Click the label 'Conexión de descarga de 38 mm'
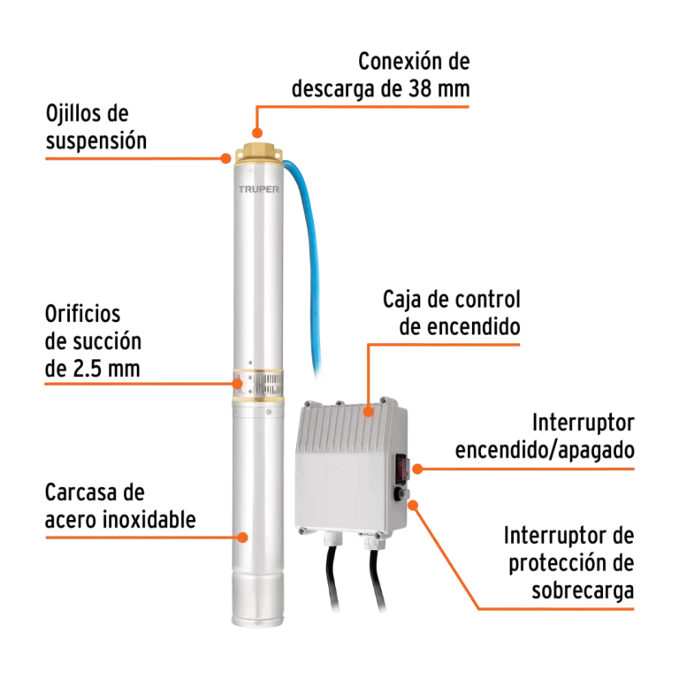click(381, 75)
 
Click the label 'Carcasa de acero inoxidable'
click(120, 507)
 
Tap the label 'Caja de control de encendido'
click(451, 312)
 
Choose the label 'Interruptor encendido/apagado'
click(545, 437)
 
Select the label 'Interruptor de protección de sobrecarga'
click(570, 562)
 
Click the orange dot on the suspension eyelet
click(226, 159)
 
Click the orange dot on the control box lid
click(367, 409)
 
